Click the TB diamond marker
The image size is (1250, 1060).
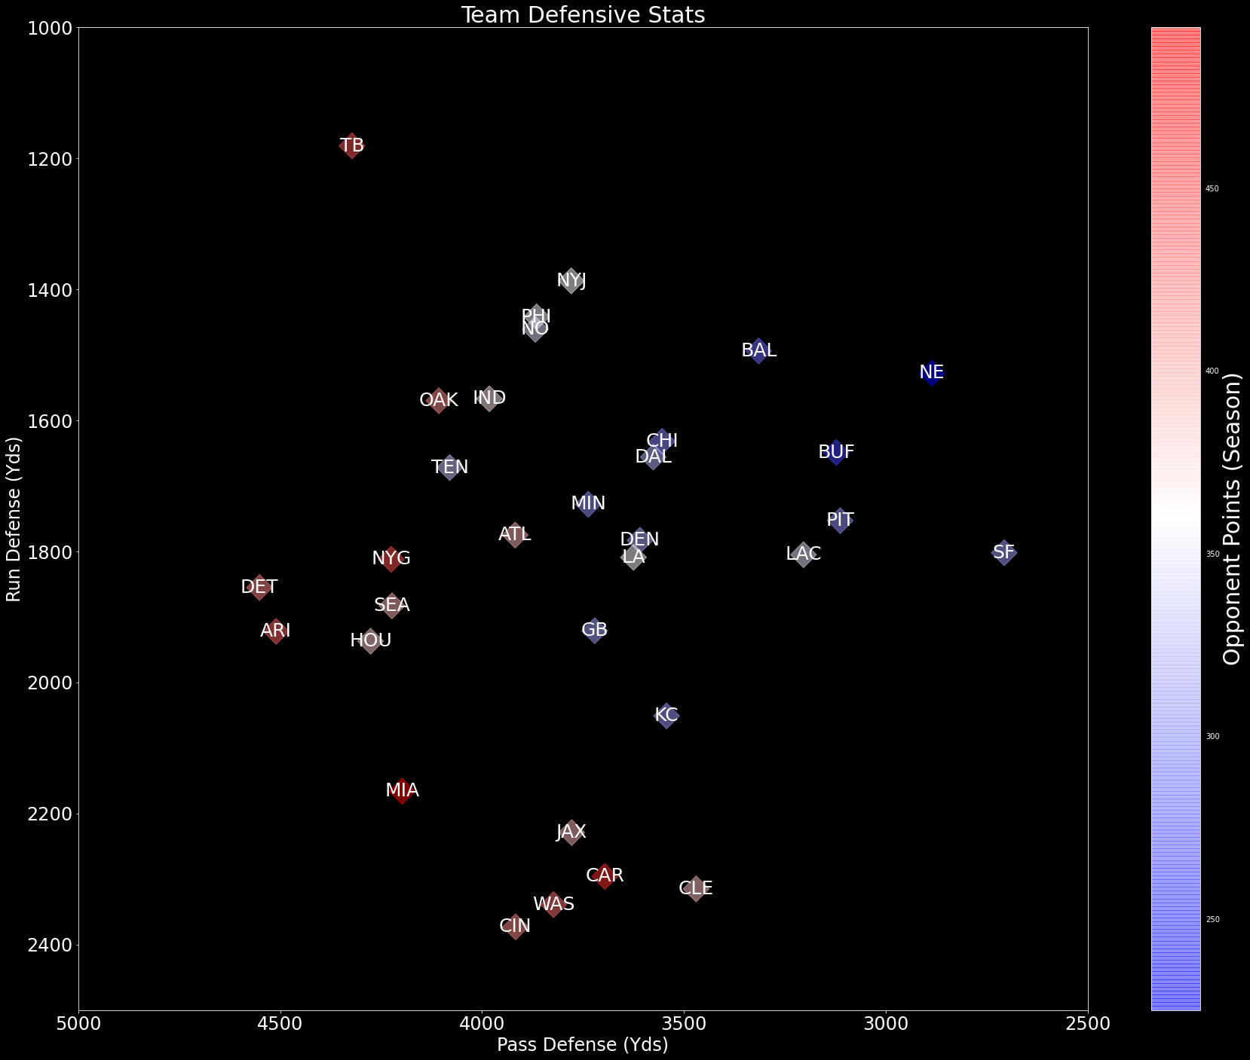tap(351, 145)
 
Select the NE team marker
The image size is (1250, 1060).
tap(932, 372)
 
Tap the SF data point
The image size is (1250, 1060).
tap(1003, 552)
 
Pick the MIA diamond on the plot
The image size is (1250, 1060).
tap(402, 790)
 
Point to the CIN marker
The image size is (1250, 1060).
tap(515, 926)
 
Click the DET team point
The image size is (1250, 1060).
tap(259, 587)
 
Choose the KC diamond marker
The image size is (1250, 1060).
tap(666, 715)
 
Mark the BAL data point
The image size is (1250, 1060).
tap(759, 350)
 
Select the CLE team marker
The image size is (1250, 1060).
tap(696, 888)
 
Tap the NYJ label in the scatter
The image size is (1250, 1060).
tap(571, 281)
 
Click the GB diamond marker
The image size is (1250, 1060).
tap(595, 630)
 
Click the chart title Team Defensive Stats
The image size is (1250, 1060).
tap(583, 15)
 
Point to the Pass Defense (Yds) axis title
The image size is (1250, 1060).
tap(583, 1045)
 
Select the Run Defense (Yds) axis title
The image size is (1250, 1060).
tap(14, 520)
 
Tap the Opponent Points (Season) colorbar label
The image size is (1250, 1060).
tap(1231, 520)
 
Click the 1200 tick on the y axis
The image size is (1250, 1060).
tap(49, 159)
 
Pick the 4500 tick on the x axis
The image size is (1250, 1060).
tap(280, 1024)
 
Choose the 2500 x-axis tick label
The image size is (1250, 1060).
tap(1087, 1024)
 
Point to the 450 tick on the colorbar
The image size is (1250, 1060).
tap(1212, 188)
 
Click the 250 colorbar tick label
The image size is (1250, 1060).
tap(1212, 919)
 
